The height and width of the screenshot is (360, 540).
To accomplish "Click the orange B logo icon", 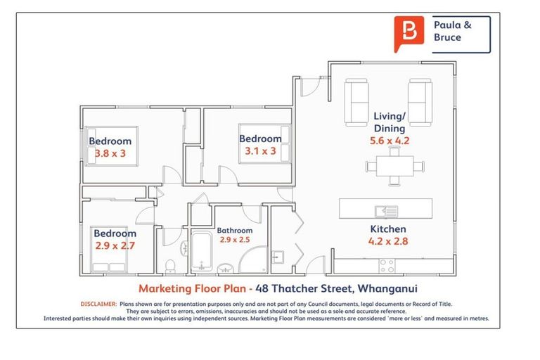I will point(409,33).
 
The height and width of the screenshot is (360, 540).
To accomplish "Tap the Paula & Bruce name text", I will point(453,31).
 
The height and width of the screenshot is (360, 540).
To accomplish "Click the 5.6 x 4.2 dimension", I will point(389,141).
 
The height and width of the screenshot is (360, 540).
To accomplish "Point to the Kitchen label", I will point(388,229).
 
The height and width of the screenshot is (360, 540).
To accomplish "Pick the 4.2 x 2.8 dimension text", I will point(388,242).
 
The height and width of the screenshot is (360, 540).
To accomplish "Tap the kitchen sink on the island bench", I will point(386,210).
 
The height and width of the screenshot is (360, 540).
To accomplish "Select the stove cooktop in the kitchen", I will point(387,266).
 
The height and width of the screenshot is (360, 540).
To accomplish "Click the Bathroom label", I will point(234,230).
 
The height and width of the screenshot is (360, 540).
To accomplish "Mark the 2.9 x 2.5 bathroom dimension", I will point(234,240).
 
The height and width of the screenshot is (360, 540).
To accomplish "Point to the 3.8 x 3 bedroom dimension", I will point(111,153).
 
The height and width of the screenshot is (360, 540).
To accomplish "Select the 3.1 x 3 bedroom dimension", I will point(260,151).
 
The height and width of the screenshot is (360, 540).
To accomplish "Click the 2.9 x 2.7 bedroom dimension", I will point(115,245).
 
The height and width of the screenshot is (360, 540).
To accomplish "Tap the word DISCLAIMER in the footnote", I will point(97,304).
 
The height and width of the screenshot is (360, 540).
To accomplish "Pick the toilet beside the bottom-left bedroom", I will point(170,265).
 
